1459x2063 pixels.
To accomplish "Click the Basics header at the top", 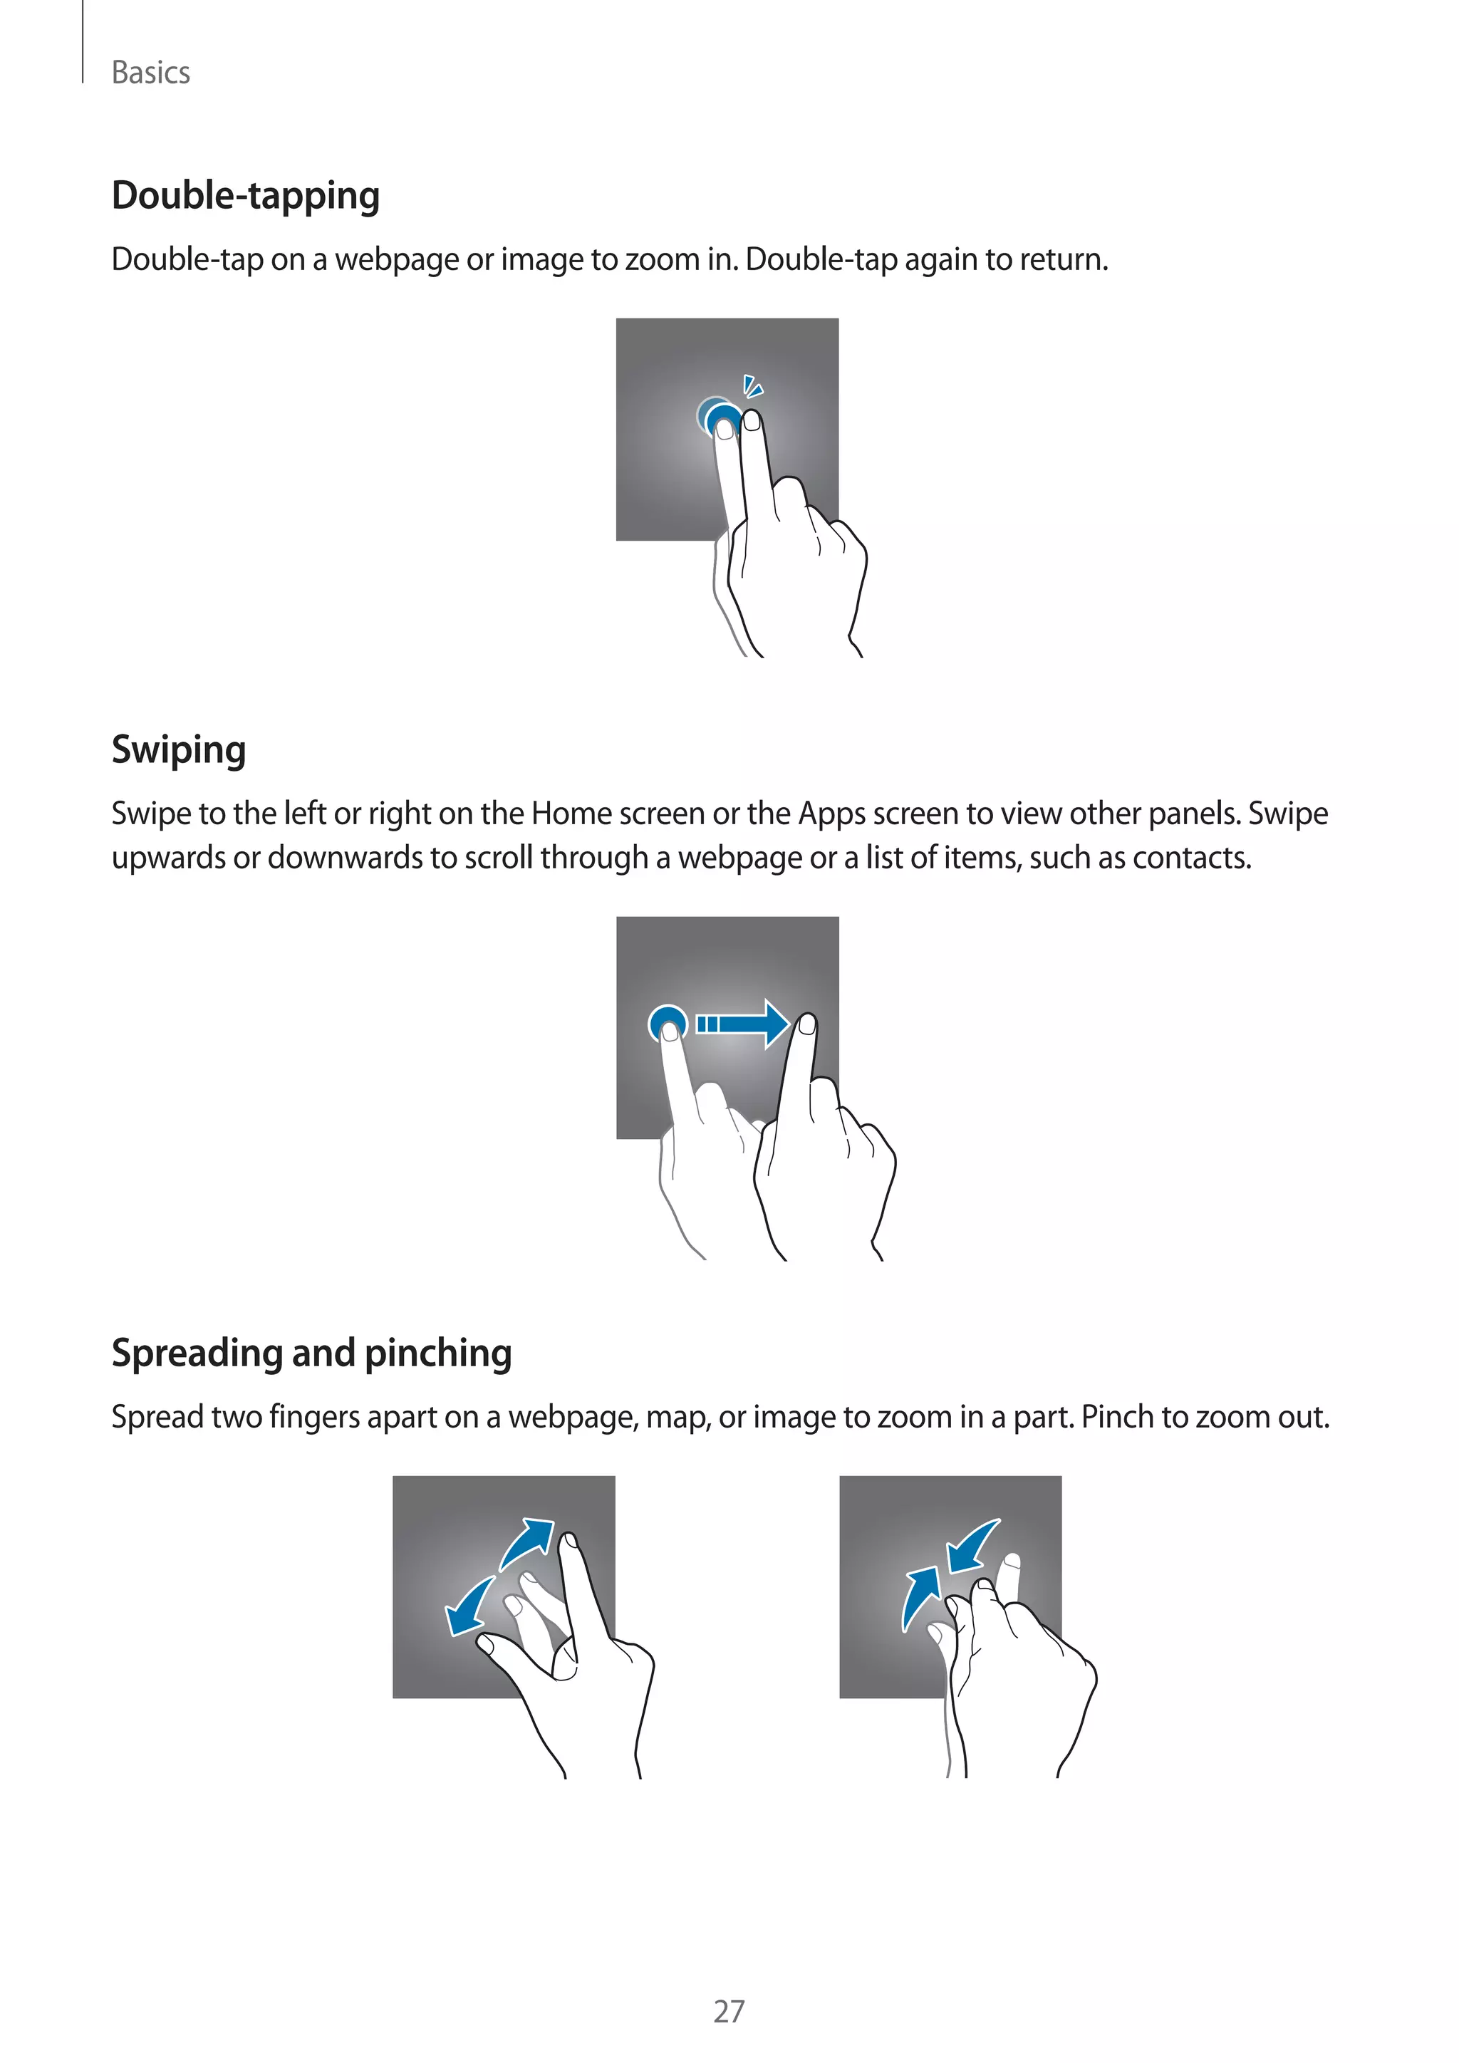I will [150, 73].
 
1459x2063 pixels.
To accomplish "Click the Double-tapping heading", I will [245, 195].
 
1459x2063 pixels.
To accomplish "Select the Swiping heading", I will [178, 749].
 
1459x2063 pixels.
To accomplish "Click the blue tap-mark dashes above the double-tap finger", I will [753, 388].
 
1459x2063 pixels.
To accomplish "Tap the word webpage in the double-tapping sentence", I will [396, 260].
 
